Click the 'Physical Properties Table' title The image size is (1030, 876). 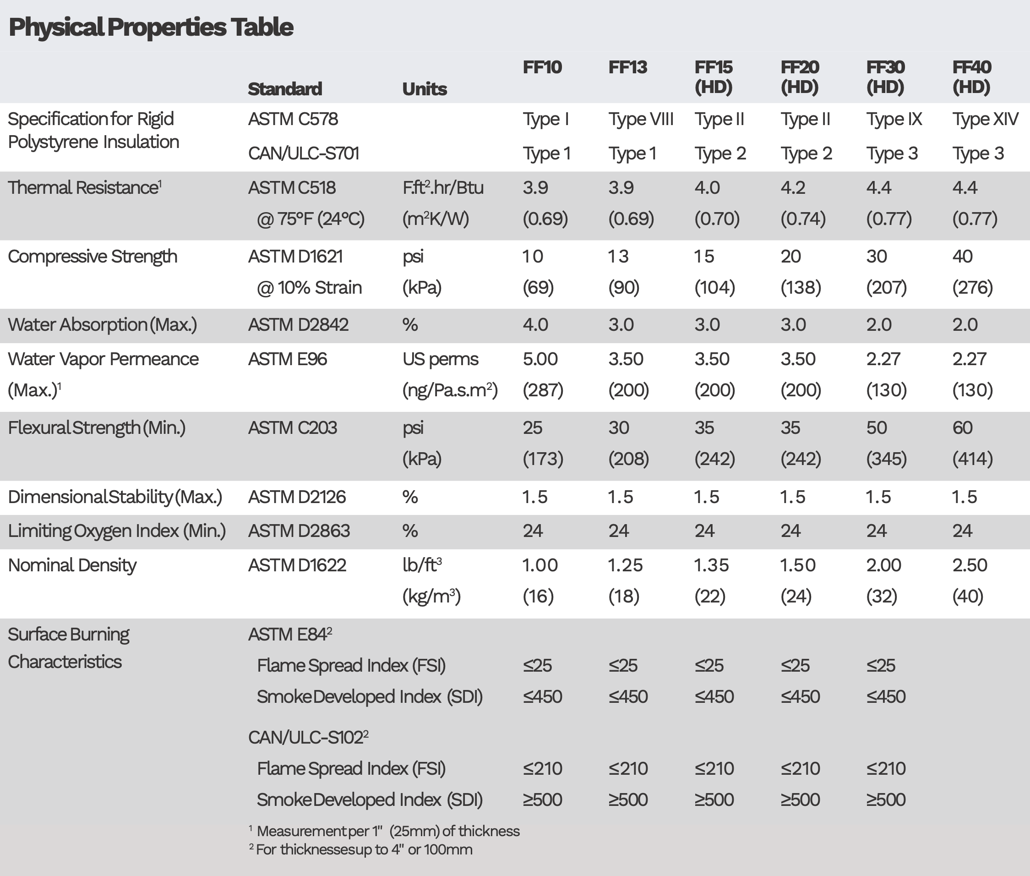pos(151,27)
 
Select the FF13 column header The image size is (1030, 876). pos(627,67)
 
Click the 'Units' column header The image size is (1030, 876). pos(425,89)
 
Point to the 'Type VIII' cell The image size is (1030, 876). pos(641,119)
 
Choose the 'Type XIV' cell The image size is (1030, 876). pos(985,119)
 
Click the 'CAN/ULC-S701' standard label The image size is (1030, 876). pos(303,153)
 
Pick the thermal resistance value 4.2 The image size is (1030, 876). pos(793,188)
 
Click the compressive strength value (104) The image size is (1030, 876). pos(714,288)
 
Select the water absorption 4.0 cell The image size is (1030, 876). pos(535,325)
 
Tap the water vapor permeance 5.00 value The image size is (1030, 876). pos(540,359)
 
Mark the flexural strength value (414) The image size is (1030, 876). pos(972,458)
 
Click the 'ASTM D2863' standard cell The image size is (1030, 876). pos(299,531)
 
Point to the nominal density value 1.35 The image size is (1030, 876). pos(711,565)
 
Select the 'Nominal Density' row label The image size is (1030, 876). pos(72,565)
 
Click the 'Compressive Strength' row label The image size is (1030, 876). pos(93,256)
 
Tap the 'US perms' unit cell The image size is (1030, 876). pos(440,359)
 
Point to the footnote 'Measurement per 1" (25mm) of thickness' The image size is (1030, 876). pos(387,831)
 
